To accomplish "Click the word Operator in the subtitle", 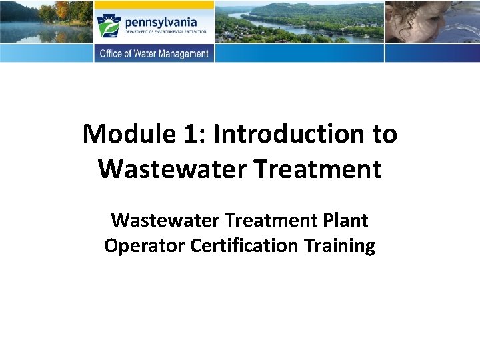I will point(144,246).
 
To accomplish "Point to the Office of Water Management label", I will point(154,54).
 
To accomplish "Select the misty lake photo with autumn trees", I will point(45,21).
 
